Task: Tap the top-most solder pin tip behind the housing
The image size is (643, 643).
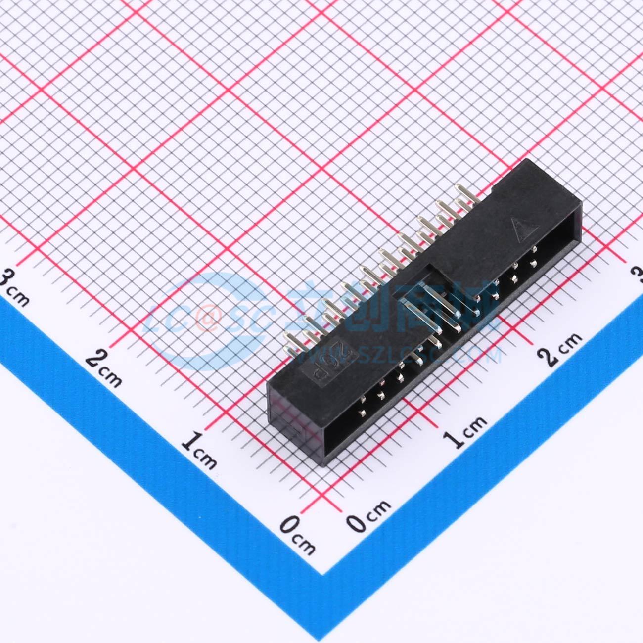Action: [460, 187]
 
